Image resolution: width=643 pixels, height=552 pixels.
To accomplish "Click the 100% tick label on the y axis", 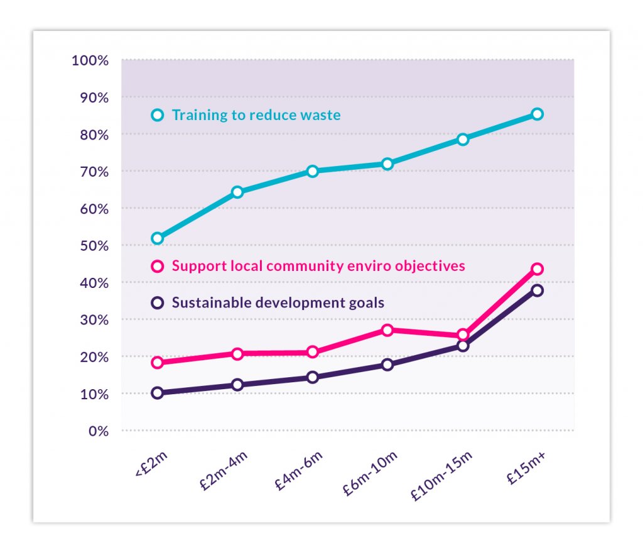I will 90,60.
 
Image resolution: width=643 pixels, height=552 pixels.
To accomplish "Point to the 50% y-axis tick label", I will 94,245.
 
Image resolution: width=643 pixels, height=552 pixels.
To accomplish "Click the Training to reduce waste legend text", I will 256,115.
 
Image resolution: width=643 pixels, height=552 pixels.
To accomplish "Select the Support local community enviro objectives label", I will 318,266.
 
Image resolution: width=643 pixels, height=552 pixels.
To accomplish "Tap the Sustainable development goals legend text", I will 278,302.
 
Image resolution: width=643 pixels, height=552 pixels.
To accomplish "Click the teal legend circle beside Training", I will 158,115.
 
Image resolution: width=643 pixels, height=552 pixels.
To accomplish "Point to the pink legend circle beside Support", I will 158,266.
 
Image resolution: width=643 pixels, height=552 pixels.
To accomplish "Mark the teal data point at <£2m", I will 158,238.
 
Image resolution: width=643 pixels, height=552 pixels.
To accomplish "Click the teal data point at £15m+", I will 537,114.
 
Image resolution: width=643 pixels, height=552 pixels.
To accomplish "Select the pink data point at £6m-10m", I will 387,330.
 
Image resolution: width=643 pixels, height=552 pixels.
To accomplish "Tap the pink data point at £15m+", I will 537,269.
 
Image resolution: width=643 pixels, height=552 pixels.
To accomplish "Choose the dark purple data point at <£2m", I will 158,393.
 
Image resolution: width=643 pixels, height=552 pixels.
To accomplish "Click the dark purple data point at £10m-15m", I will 463,346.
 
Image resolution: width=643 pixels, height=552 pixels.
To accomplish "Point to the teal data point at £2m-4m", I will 237,192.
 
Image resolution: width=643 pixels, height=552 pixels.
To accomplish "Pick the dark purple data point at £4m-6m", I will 312,377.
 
